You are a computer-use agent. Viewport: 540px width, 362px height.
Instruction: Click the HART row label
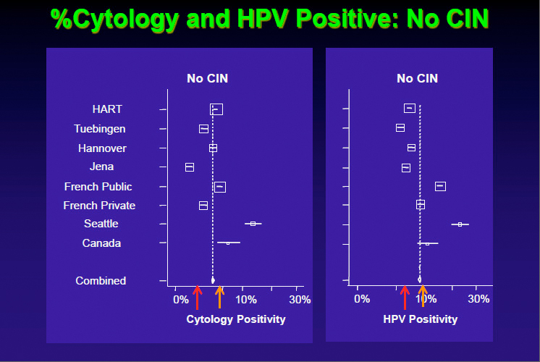click(107, 109)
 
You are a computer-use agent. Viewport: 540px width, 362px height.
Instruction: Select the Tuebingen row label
click(99, 129)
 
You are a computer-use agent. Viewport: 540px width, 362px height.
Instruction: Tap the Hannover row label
click(102, 148)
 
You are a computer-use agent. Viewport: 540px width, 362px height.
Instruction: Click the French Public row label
click(98, 187)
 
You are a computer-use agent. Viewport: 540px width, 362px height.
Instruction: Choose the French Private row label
click(99, 206)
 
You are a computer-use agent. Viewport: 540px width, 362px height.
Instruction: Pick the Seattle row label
click(101, 224)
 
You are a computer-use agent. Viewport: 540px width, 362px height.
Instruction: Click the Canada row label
click(101, 243)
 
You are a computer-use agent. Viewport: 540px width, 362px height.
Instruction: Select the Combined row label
click(101, 281)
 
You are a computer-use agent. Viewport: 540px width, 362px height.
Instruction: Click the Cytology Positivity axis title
click(236, 319)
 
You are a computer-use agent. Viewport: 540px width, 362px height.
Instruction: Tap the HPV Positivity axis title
click(420, 319)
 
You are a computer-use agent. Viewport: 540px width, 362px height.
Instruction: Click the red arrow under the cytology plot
click(197, 297)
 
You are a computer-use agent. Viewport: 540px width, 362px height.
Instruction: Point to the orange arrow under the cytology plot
click(219, 297)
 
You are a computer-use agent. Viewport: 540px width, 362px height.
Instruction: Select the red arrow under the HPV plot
click(405, 297)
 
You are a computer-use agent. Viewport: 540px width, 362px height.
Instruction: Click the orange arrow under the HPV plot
click(423, 297)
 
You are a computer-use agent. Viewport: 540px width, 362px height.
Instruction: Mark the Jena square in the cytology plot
click(190, 167)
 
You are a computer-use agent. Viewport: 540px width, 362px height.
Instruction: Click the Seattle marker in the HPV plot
click(460, 224)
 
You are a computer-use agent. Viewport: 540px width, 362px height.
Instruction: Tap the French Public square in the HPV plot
click(440, 186)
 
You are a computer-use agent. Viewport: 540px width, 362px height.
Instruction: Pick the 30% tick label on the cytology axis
click(300, 300)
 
